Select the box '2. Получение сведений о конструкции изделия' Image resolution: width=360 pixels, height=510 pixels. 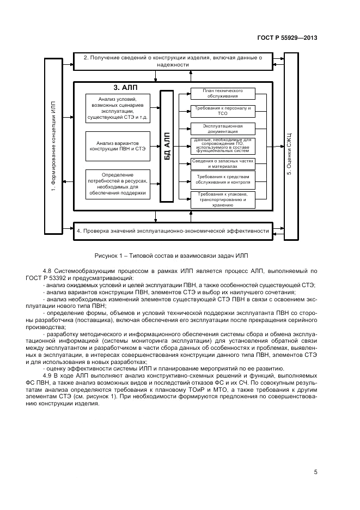[x=172, y=61]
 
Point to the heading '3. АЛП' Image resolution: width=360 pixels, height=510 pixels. [x=125, y=88]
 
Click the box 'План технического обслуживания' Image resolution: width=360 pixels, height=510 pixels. [x=222, y=93]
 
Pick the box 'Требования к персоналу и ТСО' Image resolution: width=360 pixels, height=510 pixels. [x=222, y=111]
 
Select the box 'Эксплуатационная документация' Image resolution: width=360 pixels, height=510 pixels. [x=222, y=128]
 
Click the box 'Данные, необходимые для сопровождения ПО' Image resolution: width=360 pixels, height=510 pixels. [x=222, y=145]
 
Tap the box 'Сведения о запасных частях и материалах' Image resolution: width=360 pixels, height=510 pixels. [x=222, y=163]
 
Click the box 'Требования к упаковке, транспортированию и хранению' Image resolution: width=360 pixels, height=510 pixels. [x=222, y=199]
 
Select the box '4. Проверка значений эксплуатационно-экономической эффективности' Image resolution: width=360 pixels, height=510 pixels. [x=172, y=230]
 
